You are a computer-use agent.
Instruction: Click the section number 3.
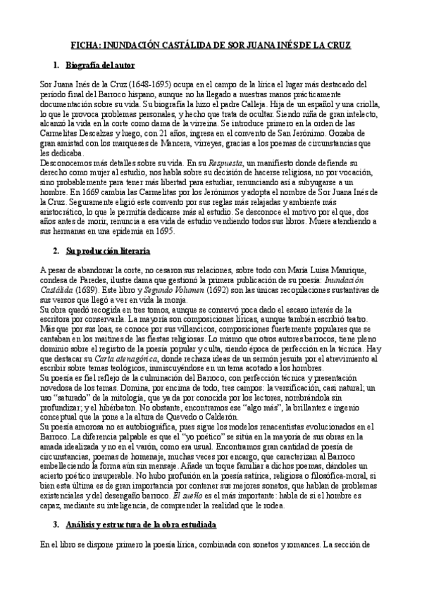[x=56, y=525]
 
